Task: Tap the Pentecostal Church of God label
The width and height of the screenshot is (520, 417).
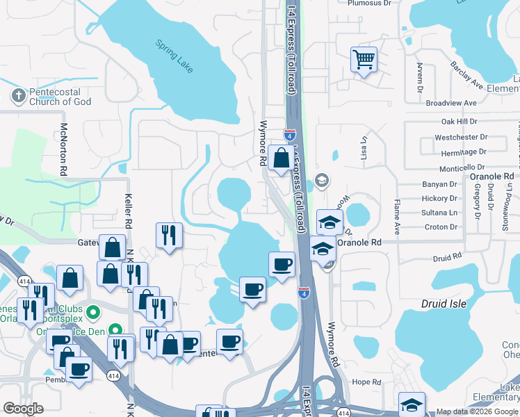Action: pos(60,97)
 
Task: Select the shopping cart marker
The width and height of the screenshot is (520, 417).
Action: pos(364,60)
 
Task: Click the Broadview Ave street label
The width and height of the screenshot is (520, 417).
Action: pos(451,103)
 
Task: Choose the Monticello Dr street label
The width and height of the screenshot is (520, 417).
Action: pos(462,168)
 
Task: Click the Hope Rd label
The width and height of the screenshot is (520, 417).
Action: pos(366,382)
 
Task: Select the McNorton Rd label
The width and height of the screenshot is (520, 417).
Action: pos(63,149)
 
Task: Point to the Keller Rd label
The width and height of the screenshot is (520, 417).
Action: pos(129,211)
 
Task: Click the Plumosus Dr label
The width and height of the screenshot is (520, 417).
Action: pos(368,3)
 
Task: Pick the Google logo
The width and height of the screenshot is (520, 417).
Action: pos(23,409)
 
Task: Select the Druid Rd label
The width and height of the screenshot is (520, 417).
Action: pos(447,259)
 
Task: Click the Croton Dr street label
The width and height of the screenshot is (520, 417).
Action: pos(441,227)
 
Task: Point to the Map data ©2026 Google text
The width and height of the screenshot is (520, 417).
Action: pos(477,411)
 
